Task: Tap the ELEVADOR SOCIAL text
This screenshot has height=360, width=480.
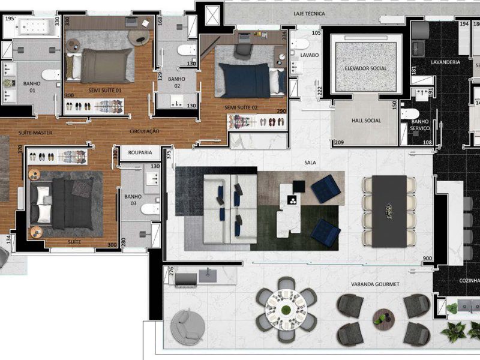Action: (365, 68)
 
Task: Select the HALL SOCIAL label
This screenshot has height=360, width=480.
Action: (365, 120)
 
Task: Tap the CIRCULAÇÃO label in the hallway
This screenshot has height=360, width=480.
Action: (144, 131)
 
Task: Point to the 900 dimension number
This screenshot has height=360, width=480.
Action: (427, 259)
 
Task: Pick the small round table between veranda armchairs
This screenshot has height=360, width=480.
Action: (382, 317)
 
